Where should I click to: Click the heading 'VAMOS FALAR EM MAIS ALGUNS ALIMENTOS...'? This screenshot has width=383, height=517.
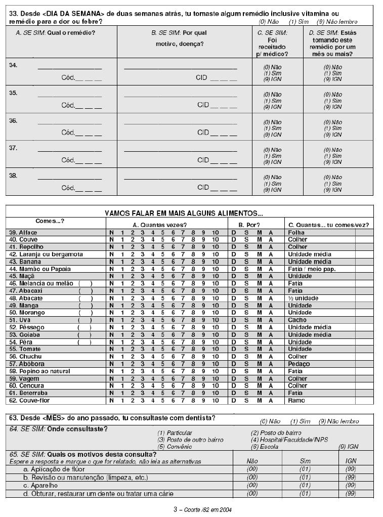(184, 213)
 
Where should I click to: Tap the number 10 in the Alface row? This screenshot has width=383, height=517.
(216, 233)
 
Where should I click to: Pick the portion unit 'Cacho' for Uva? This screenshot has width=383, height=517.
(297, 320)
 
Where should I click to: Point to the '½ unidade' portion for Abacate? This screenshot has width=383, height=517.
(303, 298)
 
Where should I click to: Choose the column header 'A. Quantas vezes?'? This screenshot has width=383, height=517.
(163, 225)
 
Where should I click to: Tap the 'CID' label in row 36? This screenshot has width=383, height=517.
(203, 133)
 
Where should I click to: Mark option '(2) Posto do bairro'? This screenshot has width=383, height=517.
(276, 433)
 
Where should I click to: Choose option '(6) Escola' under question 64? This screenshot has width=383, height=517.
(265, 447)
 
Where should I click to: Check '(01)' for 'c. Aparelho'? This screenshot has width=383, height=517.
(305, 485)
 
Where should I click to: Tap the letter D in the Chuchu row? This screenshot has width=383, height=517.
(234, 356)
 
